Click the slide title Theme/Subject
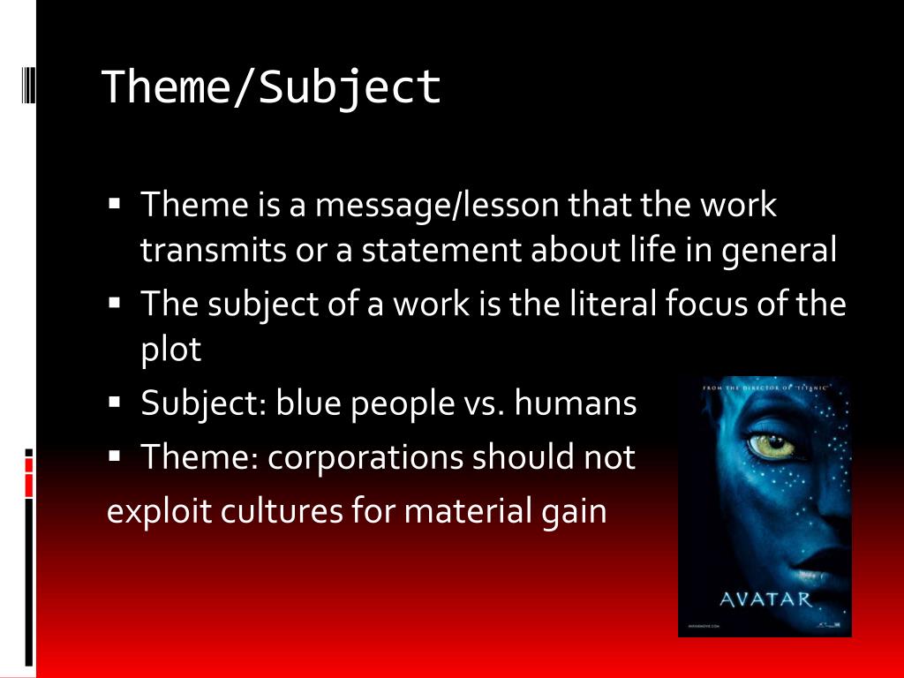[271, 87]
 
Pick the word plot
[171, 350]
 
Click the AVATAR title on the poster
[765, 599]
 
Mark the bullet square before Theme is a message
[115, 204]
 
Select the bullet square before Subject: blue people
[115, 403]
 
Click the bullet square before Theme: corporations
[115, 456]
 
